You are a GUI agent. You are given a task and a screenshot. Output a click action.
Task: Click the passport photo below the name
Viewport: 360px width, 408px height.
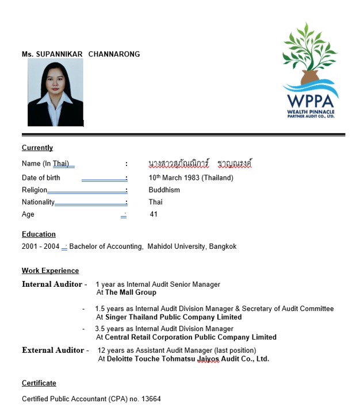(55, 92)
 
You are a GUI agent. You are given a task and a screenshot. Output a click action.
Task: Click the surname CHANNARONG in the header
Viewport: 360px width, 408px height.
(114, 55)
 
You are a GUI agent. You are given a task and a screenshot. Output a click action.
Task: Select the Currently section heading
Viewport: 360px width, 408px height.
(37, 148)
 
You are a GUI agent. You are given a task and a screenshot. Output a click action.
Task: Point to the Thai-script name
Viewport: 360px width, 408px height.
(200, 164)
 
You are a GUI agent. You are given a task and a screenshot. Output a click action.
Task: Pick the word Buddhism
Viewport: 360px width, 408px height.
(164, 190)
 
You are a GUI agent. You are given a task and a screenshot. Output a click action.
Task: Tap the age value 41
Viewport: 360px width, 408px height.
(154, 214)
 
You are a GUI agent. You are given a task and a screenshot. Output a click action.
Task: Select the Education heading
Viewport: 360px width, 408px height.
(39, 234)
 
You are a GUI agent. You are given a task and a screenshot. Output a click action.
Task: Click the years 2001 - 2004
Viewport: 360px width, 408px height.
(40, 247)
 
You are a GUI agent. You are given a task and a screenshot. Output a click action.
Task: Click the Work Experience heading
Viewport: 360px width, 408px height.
(50, 271)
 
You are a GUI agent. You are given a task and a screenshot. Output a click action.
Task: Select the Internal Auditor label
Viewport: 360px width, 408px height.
(52, 284)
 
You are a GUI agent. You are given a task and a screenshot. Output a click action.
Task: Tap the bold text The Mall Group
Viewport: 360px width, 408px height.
(131, 292)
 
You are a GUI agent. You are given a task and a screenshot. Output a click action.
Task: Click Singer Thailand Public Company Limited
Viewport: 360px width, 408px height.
(173, 317)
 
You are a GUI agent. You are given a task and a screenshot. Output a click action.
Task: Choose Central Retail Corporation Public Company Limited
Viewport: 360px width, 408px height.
(190, 337)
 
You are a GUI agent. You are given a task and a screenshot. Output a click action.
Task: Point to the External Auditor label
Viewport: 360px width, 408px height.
(52, 351)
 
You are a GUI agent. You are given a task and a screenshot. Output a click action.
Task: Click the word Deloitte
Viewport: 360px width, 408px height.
(122, 359)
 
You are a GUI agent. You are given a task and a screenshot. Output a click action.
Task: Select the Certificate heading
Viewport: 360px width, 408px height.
(39, 383)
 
